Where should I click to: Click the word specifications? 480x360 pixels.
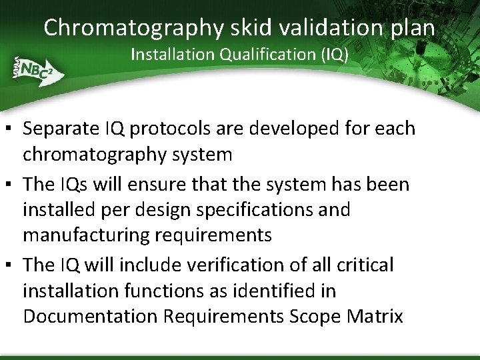tap(254, 210)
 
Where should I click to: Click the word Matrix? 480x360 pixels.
tap(377, 316)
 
